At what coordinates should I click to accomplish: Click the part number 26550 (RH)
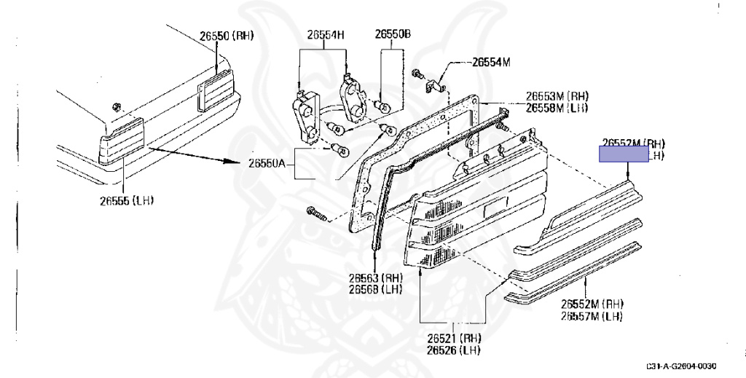227,35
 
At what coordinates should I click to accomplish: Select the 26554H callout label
325,34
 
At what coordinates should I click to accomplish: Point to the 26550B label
393,34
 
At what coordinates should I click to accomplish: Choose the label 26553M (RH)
557,96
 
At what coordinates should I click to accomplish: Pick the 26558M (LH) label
557,108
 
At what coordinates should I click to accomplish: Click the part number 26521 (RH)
454,339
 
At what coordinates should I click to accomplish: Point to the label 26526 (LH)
454,350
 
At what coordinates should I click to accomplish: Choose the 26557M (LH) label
591,315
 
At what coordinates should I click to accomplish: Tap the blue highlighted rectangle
623,154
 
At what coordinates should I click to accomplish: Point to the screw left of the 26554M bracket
417,74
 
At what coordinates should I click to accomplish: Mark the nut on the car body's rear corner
117,107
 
